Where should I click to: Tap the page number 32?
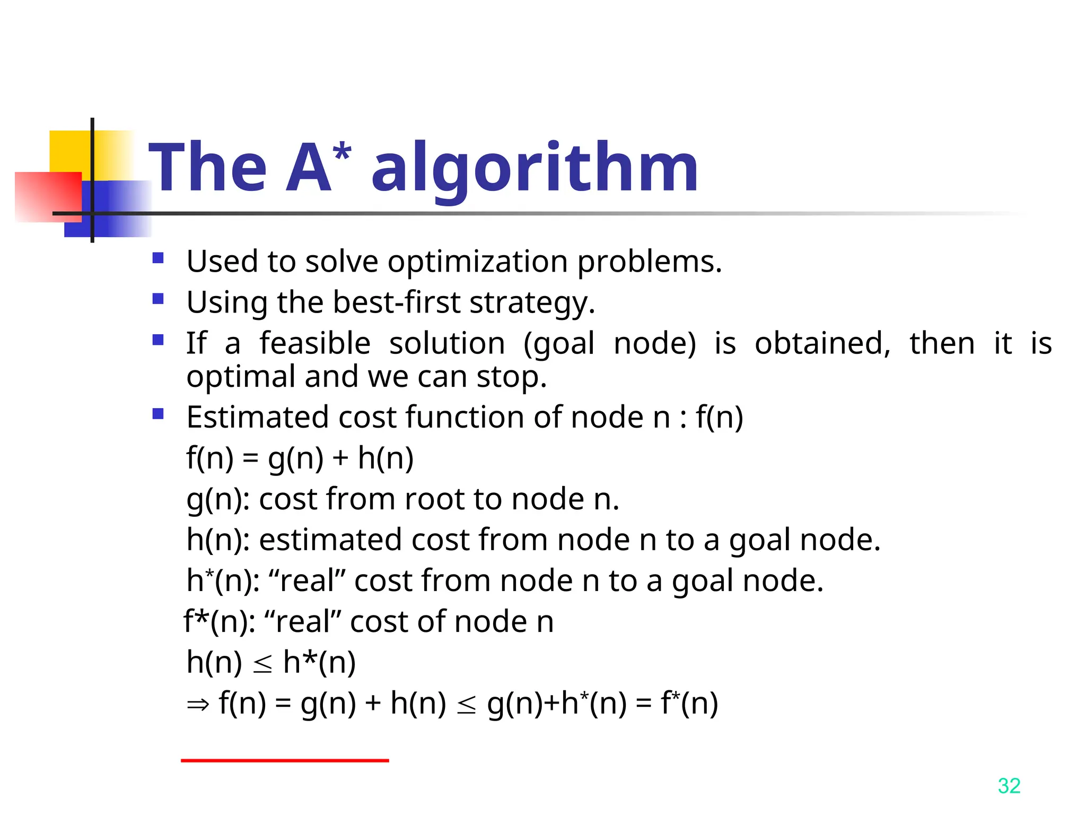(x=1009, y=786)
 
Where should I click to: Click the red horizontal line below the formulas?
(x=285, y=760)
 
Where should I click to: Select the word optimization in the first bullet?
(x=478, y=262)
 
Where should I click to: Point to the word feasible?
(x=315, y=343)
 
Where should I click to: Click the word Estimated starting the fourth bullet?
(x=258, y=417)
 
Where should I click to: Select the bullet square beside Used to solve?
(x=158, y=258)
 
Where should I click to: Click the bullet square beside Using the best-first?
(x=158, y=299)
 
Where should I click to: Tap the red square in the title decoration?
(x=48, y=196)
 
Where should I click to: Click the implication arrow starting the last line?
(x=198, y=705)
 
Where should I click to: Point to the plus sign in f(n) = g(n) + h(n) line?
(x=340, y=458)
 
